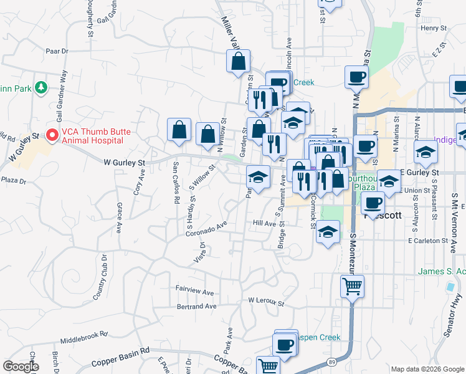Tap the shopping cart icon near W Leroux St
352,287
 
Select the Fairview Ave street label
194,292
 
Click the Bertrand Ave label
196,307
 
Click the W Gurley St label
124,163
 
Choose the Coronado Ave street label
206,230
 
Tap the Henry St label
434,28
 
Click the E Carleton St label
429,240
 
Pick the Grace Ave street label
118,218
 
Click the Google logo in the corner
21,367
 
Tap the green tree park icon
42,87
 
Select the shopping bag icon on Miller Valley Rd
238,61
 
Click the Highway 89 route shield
331,362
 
